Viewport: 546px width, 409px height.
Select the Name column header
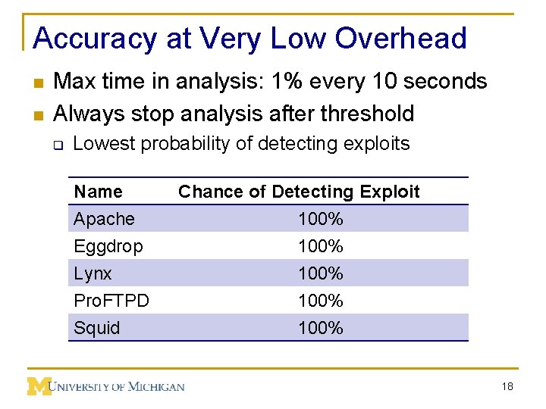pos(98,192)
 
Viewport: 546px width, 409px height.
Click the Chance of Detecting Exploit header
pos(299,192)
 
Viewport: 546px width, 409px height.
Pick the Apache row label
pos(104,219)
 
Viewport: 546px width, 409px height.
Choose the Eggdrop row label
pos(108,246)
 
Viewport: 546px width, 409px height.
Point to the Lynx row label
pos(93,273)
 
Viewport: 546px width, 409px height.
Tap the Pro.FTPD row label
pos(111,301)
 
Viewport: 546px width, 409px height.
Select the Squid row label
pos(97,328)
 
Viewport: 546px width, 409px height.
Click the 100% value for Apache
pos(321,219)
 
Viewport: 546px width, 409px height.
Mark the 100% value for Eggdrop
pos(321,246)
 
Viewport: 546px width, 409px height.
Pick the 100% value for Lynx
pos(321,273)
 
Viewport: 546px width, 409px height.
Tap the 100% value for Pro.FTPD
pos(321,301)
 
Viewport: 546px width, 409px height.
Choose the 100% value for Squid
pos(321,328)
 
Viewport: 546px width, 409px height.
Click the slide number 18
pos(507,386)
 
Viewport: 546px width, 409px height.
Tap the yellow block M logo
pos(39,386)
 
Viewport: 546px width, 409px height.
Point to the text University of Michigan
pos(118,386)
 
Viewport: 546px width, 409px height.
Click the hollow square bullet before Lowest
pos(56,144)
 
